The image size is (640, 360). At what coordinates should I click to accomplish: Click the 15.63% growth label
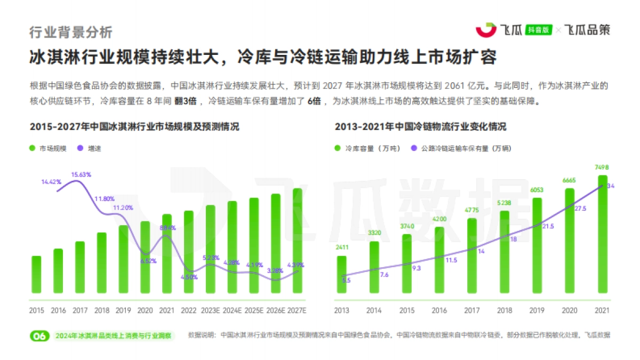(x=82, y=174)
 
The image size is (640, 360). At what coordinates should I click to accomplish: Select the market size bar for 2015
(x=36, y=275)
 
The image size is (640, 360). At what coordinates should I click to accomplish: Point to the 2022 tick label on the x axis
(x=189, y=310)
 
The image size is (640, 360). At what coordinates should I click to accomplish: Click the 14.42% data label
(x=51, y=182)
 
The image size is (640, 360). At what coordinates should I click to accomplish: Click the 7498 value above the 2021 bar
(x=602, y=167)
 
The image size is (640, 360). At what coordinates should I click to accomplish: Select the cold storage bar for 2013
(x=341, y=275)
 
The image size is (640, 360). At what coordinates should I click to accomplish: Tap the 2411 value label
(x=341, y=247)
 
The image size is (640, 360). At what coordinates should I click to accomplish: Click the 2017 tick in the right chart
(x=472, y=310)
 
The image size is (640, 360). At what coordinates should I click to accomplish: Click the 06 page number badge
(x=39, y=336)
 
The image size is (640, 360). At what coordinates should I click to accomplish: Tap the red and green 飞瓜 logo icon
(x=485, y=30)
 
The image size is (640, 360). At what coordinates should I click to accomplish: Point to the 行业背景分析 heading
(x=71, y=32)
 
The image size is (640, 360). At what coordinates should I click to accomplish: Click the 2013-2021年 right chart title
(x=421, y=127)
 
